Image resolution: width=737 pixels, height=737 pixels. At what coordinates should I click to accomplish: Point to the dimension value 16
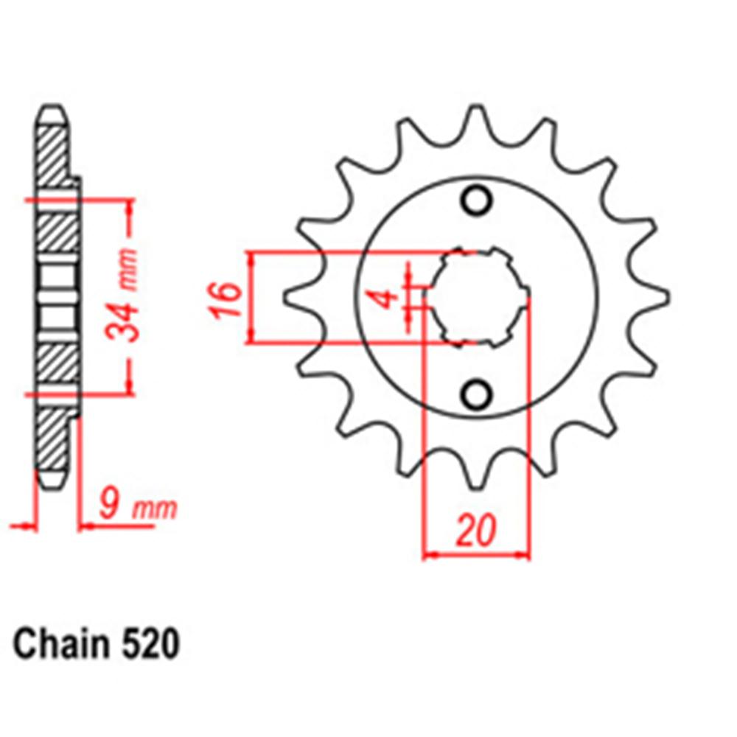coord(230,298)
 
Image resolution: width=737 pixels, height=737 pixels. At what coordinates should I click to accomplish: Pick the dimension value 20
coord(475,531)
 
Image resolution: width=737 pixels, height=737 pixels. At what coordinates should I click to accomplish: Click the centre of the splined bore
coord(476,297)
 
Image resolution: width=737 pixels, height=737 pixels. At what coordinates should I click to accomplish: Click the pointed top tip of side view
coord(52,112)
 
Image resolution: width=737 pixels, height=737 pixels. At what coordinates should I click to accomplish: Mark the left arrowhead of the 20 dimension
coord(430,553)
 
